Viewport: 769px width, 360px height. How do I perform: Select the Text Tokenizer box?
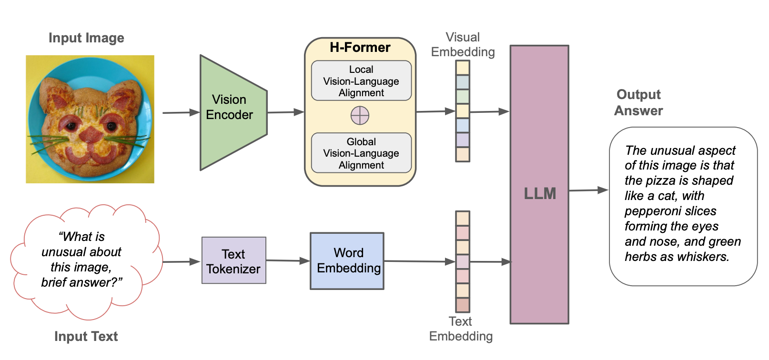[x=233, y=260]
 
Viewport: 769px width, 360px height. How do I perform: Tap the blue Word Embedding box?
[x=347, y=260]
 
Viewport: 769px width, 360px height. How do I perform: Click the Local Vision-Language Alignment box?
[x=361, y=81]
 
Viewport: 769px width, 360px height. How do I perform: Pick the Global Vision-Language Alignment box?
[x=361, y=153]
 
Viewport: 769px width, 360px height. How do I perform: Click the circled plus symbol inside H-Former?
[x=360, y=115]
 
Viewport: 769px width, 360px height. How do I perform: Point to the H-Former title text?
[x=360, y=48]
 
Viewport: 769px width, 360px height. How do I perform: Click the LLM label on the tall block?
[x=540, y=193]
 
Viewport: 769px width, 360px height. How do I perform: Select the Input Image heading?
[x=86, y=38]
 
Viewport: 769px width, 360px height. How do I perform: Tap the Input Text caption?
[x=86, y=337]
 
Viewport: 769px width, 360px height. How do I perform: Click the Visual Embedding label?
[x=463, y=44]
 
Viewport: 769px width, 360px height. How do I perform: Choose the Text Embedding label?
[x=461, y=329]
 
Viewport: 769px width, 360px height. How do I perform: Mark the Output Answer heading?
[x=638, y=102]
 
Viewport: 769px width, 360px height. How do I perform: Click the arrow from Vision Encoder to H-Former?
[x=285, y=112]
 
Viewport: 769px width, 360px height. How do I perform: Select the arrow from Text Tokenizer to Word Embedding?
[x=288, y=260]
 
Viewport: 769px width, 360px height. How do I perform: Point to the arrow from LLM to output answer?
[x=588, y=190]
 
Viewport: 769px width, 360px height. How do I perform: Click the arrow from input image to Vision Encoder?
[x=181, y=113]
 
